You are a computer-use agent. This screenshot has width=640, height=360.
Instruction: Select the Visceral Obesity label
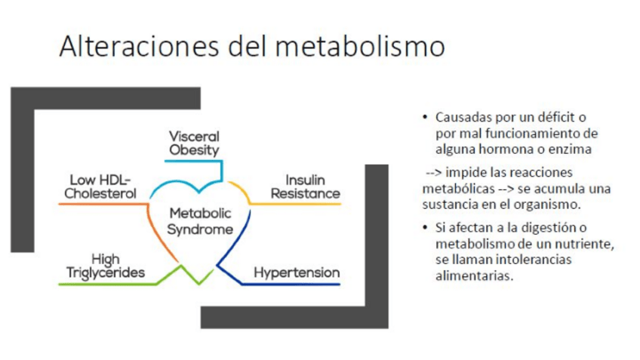click(x=194, y=143)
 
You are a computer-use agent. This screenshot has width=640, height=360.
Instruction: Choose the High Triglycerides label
click(x=105, y=266)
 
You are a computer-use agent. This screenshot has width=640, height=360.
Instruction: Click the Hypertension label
click(x=297, y=272)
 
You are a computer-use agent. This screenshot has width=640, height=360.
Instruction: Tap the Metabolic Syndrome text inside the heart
click(x=200, y=221)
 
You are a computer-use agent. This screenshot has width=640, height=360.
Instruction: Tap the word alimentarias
click(x=474, y=275)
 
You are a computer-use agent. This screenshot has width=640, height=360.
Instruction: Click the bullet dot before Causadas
click(x=425, y=118)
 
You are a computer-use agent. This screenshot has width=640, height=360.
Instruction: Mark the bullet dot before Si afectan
click(x=425, y=228)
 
